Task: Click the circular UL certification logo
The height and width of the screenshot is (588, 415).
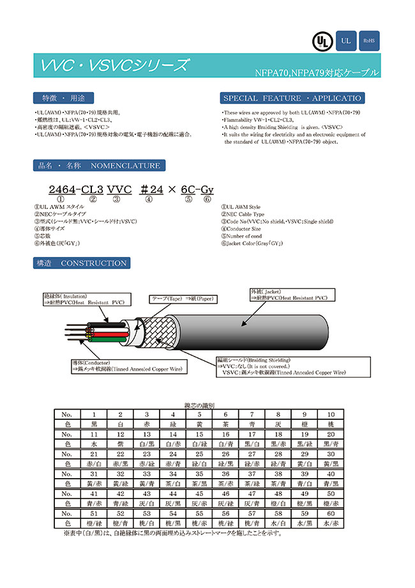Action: coord(321,41)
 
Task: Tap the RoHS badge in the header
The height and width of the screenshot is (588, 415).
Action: coord(369,41)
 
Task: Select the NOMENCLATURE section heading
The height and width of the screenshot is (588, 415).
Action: coord(98,166)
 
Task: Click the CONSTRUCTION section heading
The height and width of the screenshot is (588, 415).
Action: coord(80,263)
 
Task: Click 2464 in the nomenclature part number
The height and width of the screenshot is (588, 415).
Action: coord(62,190)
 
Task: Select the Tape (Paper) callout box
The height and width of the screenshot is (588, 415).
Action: coord(183,299)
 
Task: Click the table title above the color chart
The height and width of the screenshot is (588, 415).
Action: coord(199,406)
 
